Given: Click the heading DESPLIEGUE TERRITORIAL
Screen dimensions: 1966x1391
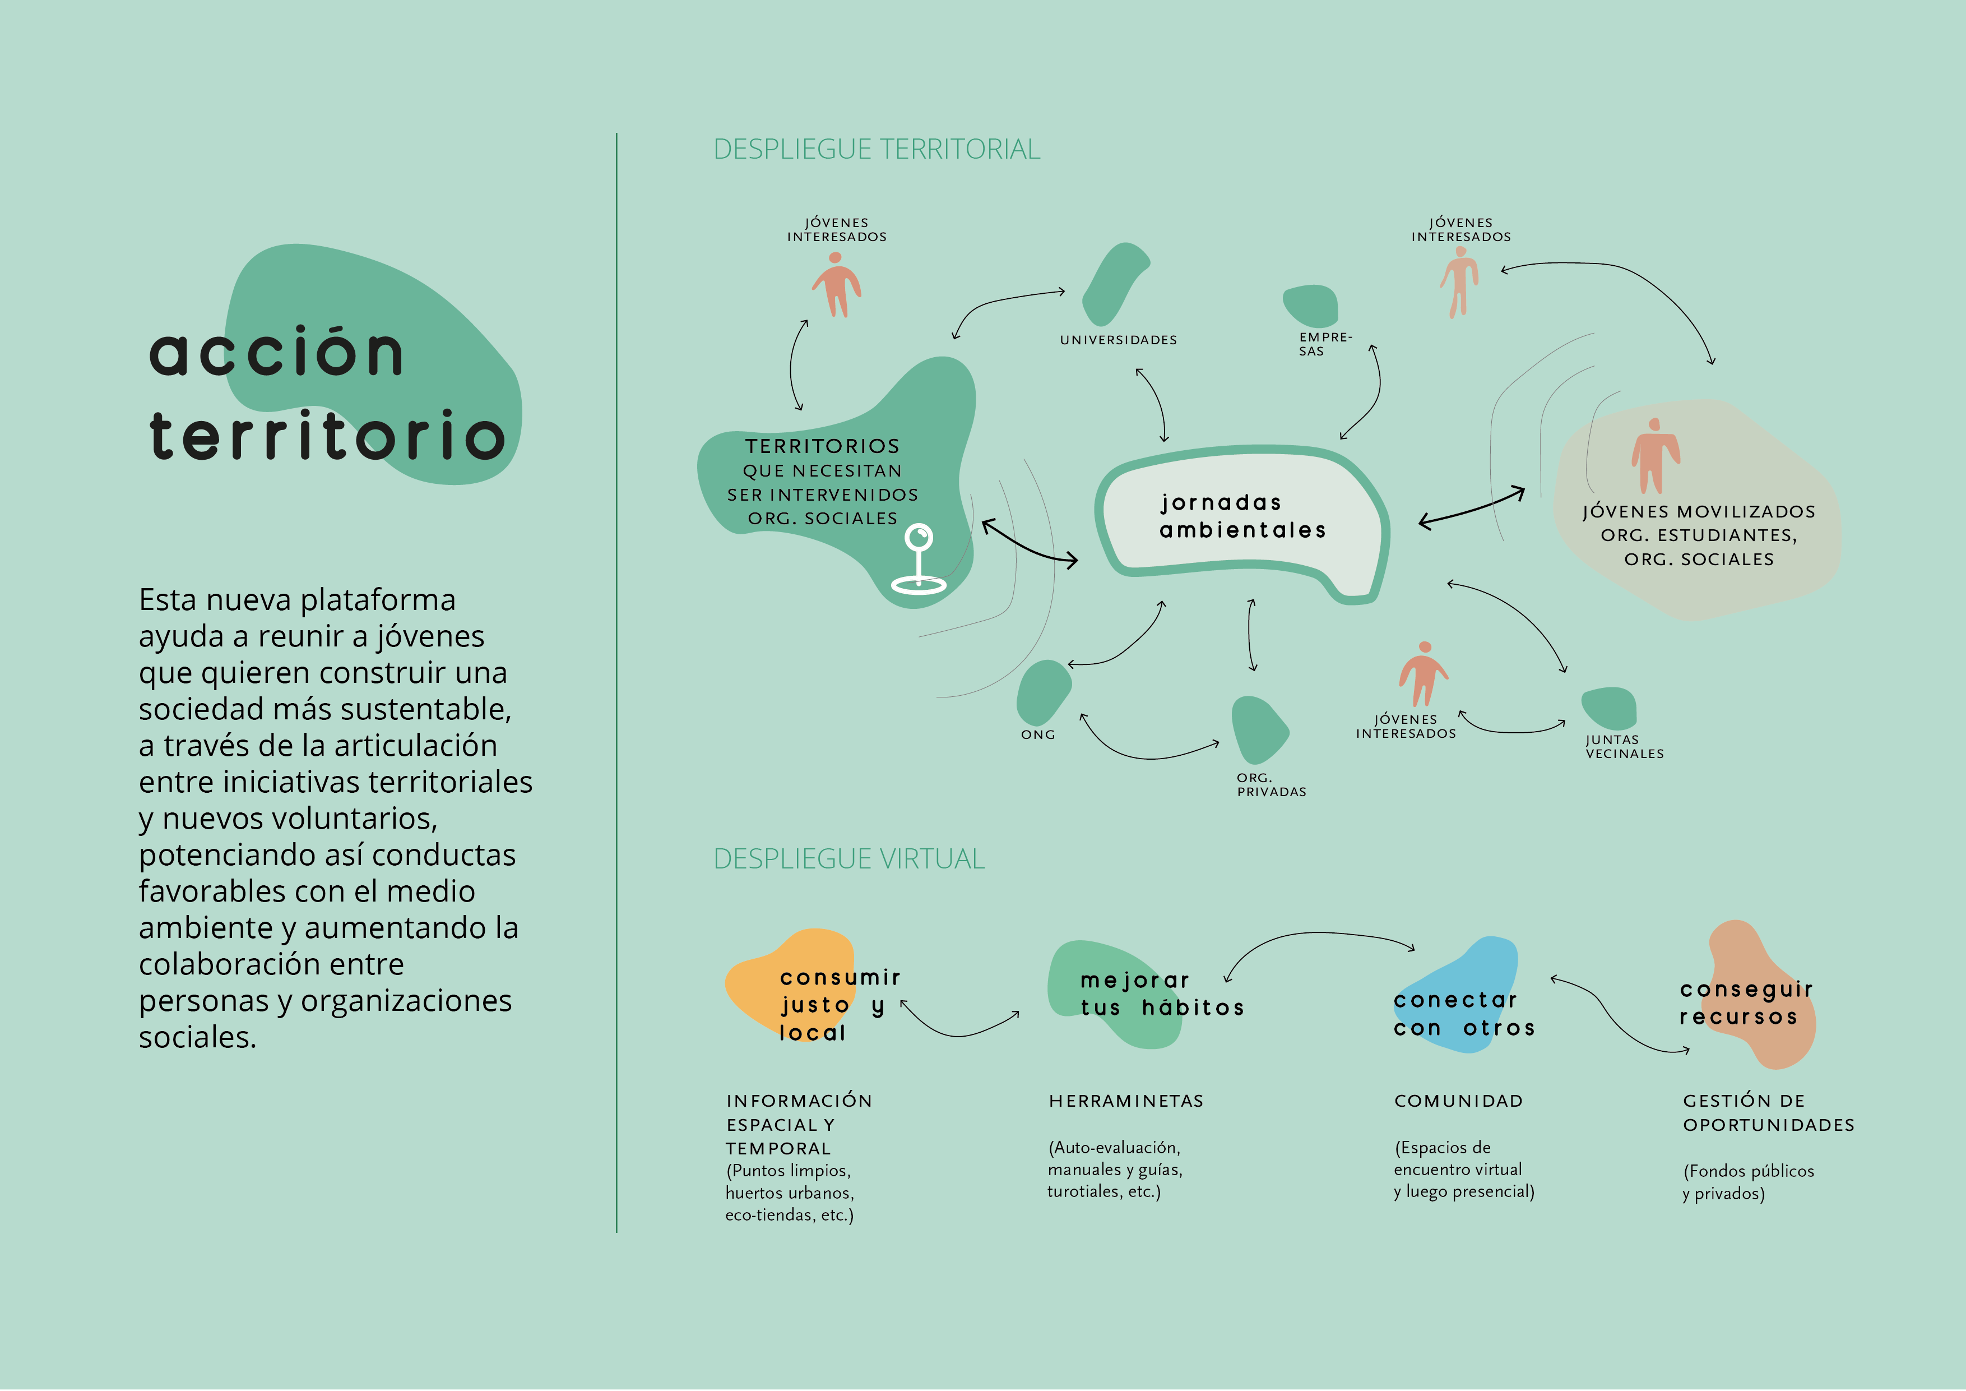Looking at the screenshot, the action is (877, 149).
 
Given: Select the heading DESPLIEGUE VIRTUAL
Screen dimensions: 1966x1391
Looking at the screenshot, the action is (850, 858).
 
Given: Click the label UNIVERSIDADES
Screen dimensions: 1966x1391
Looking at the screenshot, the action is (1118, 340).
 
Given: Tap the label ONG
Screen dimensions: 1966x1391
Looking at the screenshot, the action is (1038, 735).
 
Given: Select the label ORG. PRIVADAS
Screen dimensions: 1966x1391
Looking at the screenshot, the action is (1272, 784).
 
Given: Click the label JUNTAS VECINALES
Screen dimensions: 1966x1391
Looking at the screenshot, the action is (1624, 747).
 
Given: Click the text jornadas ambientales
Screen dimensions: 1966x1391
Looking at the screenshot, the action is (1242, 516).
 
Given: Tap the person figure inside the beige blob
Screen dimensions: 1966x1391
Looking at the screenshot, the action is (1655, 456).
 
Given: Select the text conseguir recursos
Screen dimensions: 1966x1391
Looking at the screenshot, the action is (1746, 1003).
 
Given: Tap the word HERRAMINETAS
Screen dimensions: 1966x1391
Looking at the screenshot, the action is (1126, 1102).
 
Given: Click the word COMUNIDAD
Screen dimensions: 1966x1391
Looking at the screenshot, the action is (1458, 1102).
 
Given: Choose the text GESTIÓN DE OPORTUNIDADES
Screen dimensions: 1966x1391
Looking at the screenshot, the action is (1768, 1112).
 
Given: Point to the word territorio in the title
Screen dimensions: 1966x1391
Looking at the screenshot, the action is (327, 435).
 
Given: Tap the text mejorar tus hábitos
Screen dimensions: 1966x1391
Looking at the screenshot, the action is (1162, 993).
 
